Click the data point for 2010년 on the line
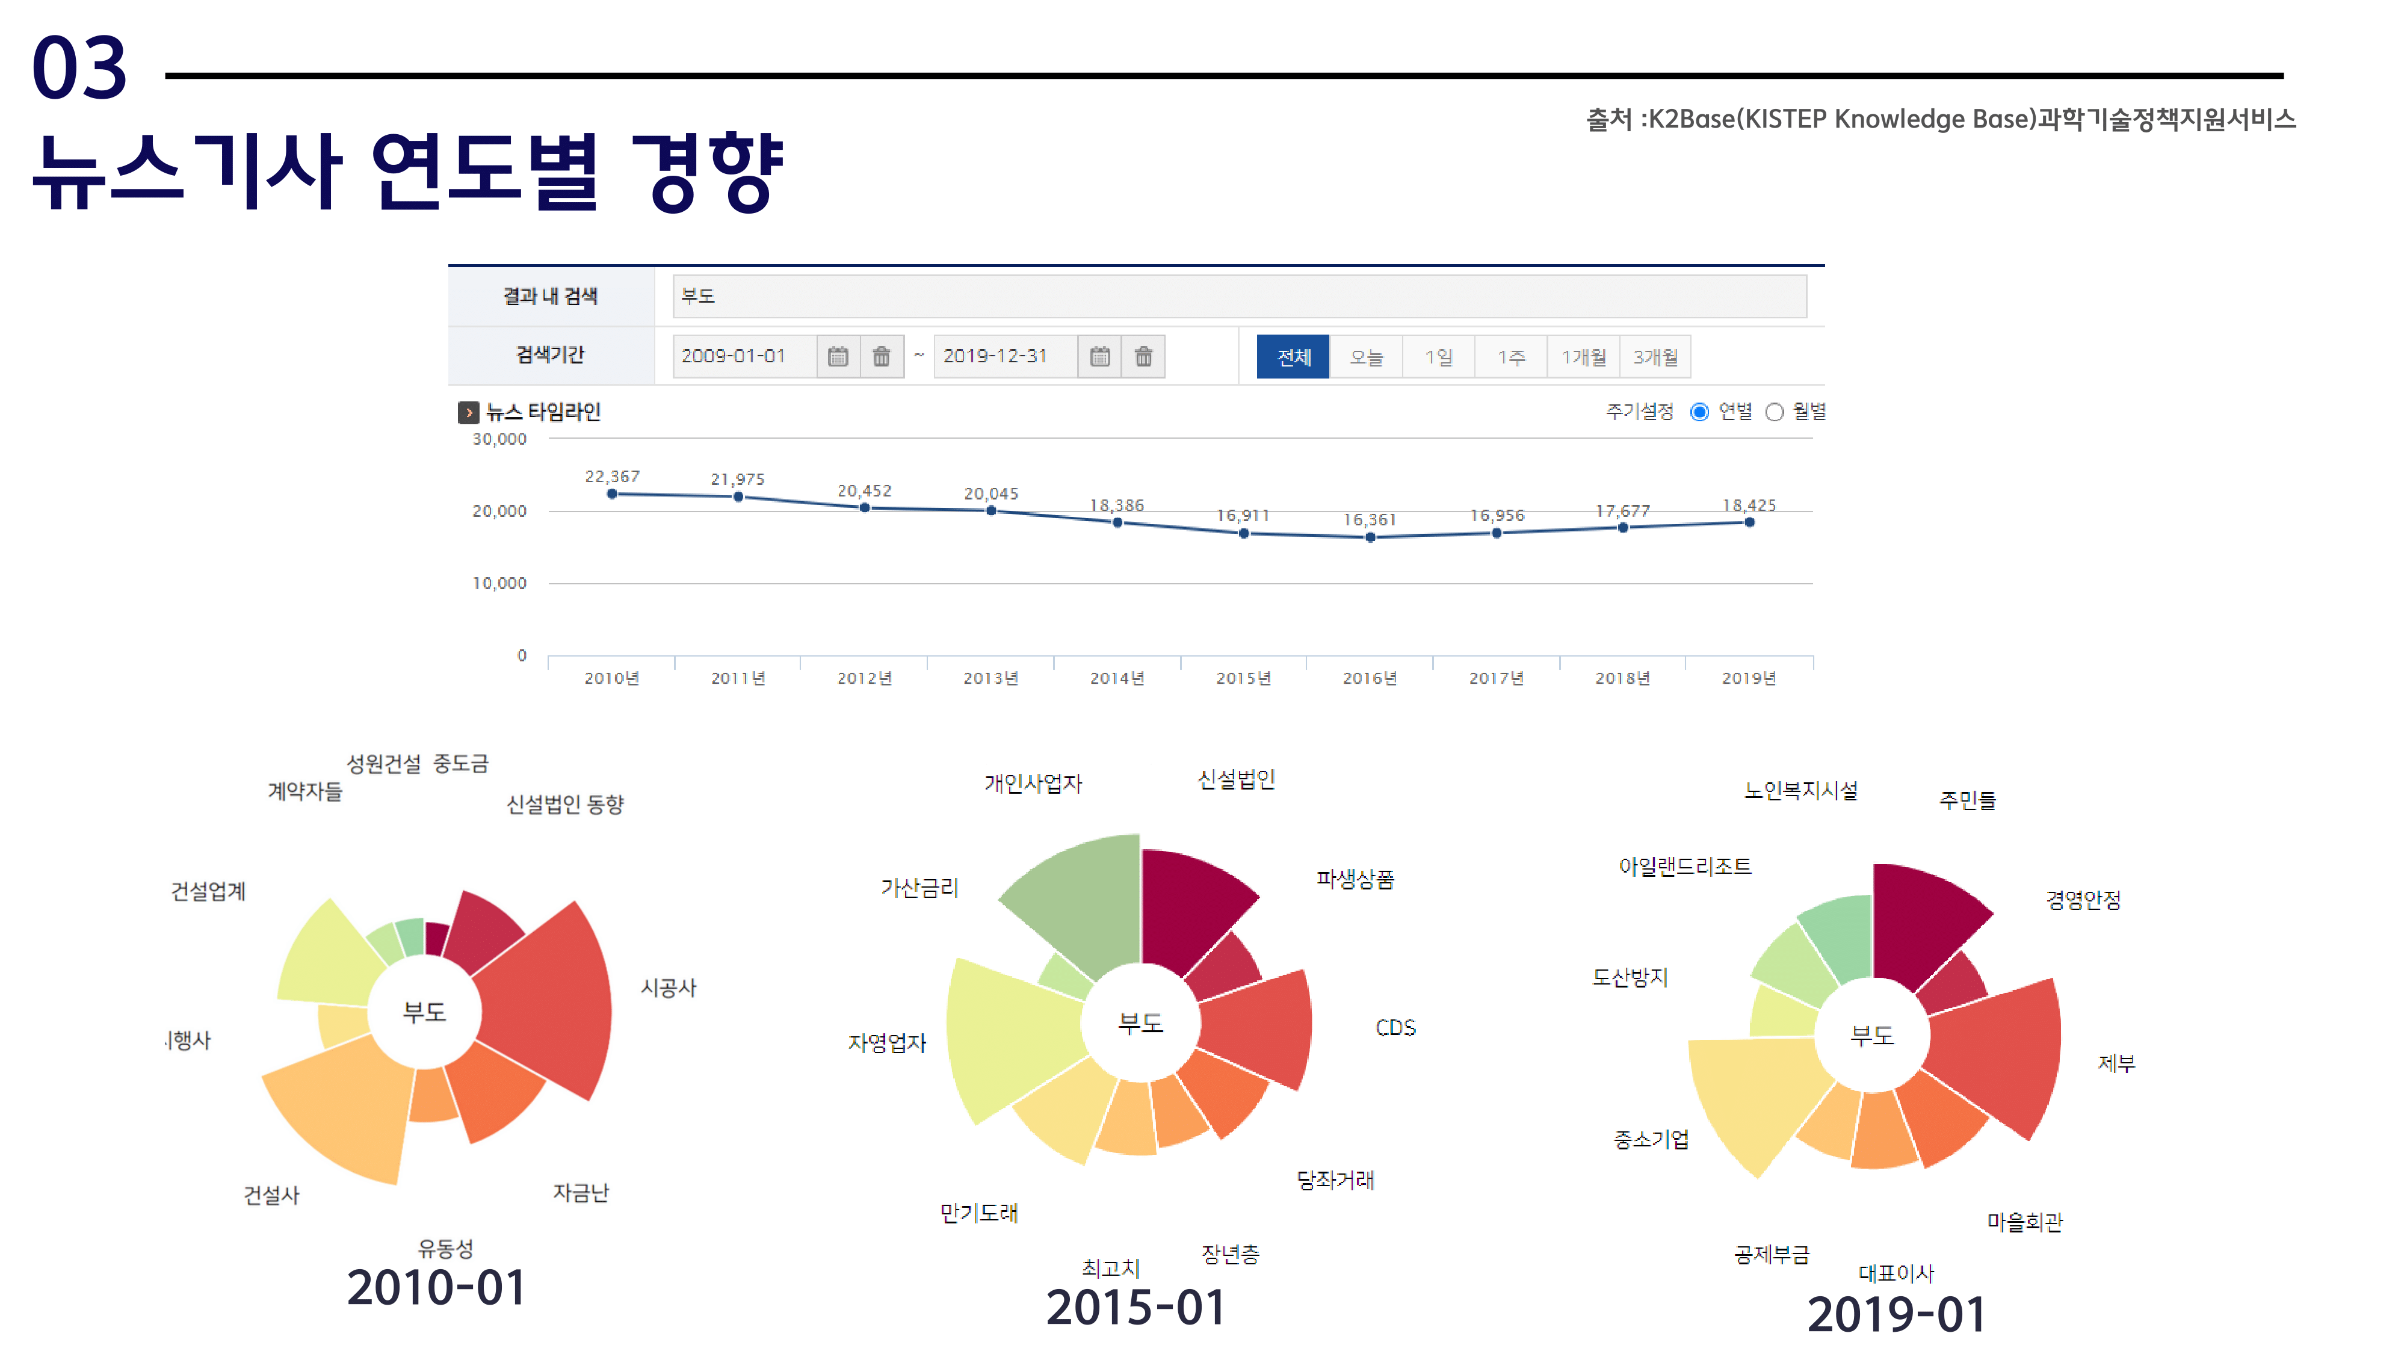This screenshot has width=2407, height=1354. point(612,493)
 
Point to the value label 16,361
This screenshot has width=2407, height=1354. point(1369,519)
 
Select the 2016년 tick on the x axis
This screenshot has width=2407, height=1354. point(1369,678)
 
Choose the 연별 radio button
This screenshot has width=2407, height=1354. point(1700,412)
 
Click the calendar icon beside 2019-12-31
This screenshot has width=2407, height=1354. point(1100,356)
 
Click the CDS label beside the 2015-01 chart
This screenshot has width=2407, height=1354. point(1395,1028)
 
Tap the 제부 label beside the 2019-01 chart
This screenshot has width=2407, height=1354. point(2116,1063)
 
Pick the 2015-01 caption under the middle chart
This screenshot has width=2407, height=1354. point(1136,1306)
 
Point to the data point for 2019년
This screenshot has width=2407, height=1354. point(1749,522)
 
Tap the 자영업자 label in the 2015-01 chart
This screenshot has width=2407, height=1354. point(887,1043)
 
